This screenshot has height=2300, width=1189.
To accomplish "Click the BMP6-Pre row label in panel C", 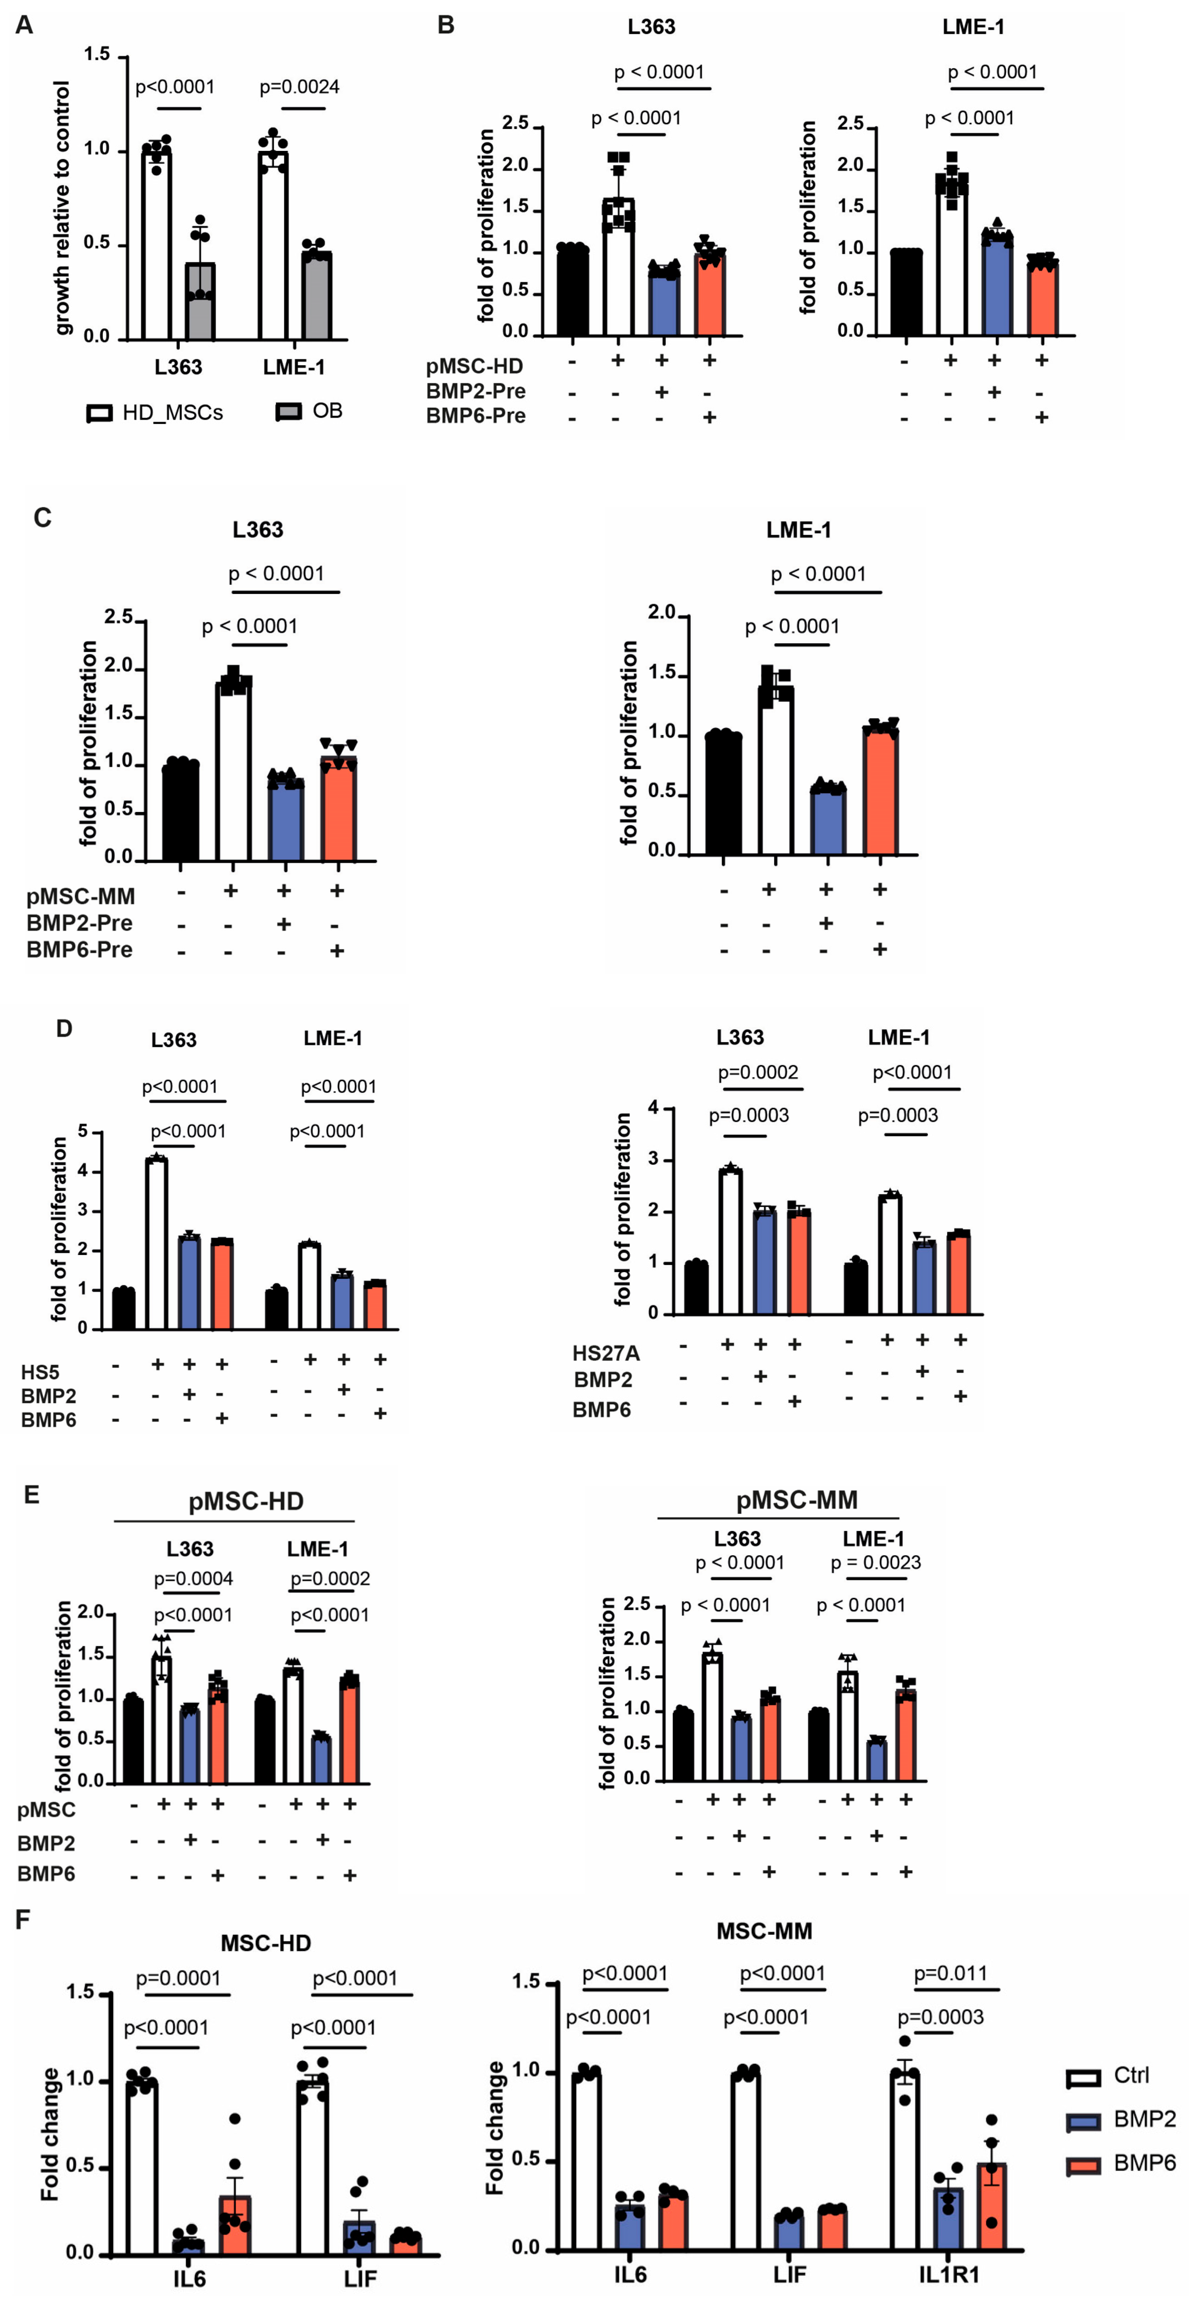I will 79,950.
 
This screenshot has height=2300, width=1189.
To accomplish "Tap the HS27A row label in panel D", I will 606,1353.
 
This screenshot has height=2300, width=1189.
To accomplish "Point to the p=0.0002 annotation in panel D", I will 758,1072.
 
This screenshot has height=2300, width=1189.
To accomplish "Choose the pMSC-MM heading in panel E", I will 796,1500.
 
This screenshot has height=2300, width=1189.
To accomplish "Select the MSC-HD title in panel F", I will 266,1943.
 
